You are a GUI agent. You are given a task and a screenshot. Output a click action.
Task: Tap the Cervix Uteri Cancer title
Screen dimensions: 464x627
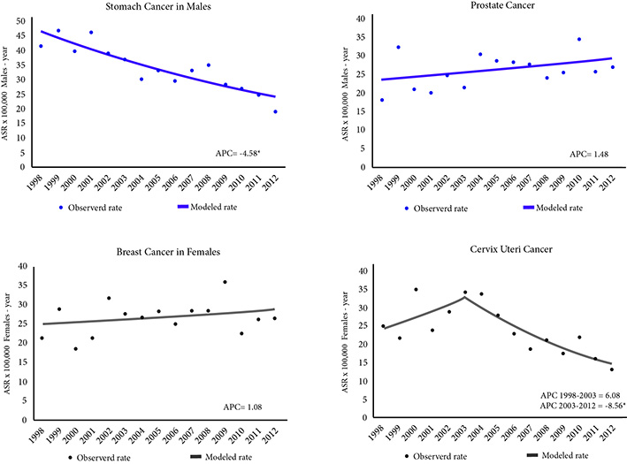(x=489, y=252)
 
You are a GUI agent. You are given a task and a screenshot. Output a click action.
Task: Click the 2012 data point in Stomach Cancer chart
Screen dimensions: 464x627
(x=275, y=111)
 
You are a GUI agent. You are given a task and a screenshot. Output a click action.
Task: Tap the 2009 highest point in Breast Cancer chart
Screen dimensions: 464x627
(x=225, y=282)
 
